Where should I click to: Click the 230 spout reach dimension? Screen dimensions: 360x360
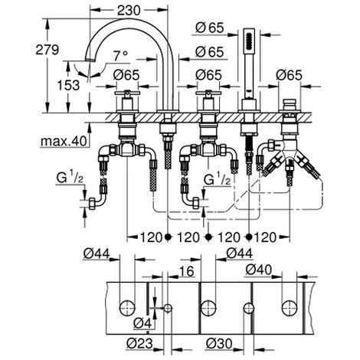point(129,11)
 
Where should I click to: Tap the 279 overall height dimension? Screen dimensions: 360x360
point(47,50)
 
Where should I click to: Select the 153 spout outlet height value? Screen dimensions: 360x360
point(68,85)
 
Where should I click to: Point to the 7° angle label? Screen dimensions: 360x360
point(120,55)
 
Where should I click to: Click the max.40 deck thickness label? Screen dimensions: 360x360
point(64,141)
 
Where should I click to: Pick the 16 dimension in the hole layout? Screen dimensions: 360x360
point(187,271)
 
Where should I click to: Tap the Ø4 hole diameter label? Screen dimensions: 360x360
point(142,323)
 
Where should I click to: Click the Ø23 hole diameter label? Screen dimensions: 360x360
point(139,343)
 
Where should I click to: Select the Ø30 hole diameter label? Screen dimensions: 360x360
point(219,343)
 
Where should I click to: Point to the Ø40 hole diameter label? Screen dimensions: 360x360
point(259,270)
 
